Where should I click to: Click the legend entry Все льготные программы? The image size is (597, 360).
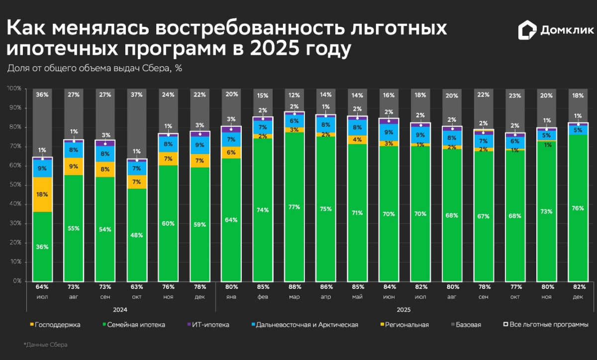546,325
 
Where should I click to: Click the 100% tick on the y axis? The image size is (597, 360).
13,89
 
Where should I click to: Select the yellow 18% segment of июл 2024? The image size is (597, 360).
42,194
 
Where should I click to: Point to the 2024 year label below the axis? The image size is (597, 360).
120,309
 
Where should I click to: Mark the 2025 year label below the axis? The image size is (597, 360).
403,309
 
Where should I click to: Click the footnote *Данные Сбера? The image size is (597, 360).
45,345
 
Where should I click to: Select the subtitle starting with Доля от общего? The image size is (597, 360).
95,68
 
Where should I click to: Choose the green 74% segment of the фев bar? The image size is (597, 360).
263,210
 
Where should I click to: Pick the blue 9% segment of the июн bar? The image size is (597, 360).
388,132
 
